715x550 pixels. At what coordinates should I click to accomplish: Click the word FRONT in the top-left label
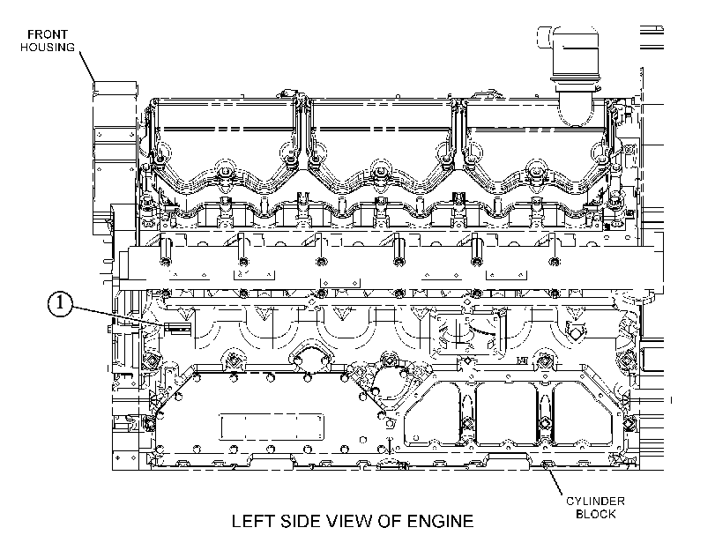click(48, 34)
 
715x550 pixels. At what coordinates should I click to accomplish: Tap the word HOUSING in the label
click(48, 47)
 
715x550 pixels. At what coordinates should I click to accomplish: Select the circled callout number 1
click(60, 305)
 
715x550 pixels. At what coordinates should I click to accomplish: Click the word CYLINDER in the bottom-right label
click(595, 502)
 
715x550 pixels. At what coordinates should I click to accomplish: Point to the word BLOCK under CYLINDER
click(595, 514)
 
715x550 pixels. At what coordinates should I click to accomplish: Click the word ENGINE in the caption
click(440, 521)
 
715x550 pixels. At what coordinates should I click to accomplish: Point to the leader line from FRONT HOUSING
click(87, 68)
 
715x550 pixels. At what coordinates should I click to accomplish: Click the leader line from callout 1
click(117, 316)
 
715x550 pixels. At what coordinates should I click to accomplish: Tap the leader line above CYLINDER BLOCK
click(555, 481)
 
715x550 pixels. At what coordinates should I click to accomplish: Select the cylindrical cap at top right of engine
click(575, 54)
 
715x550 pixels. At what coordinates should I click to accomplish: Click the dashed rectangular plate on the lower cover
click(272, 427)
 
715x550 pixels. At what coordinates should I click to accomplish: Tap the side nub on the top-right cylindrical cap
click(545, 37)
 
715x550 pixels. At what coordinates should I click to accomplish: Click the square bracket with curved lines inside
click(468, 334)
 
